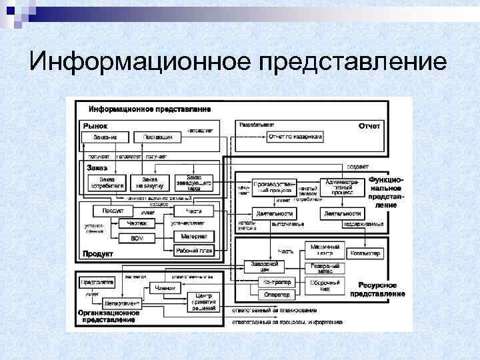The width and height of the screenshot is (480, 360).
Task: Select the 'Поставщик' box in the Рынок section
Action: pos(158,137)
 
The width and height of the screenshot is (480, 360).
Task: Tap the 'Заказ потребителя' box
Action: pos(106,182)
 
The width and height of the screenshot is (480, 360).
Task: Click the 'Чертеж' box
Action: pos(137,224)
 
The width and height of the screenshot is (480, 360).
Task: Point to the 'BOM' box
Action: pos(137,238)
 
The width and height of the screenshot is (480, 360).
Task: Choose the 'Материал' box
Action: pos(193,236)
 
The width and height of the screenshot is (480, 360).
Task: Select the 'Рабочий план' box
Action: pos(193,251)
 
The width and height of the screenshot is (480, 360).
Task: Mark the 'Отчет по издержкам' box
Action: pos(295,137)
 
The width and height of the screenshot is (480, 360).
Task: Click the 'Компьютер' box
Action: pos(364,253)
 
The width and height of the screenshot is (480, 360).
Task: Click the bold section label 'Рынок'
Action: pos(95,125)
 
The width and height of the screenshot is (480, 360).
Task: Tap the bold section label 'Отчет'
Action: pos(369,125)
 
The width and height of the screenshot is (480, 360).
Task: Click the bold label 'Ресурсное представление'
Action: pos(377,289)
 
